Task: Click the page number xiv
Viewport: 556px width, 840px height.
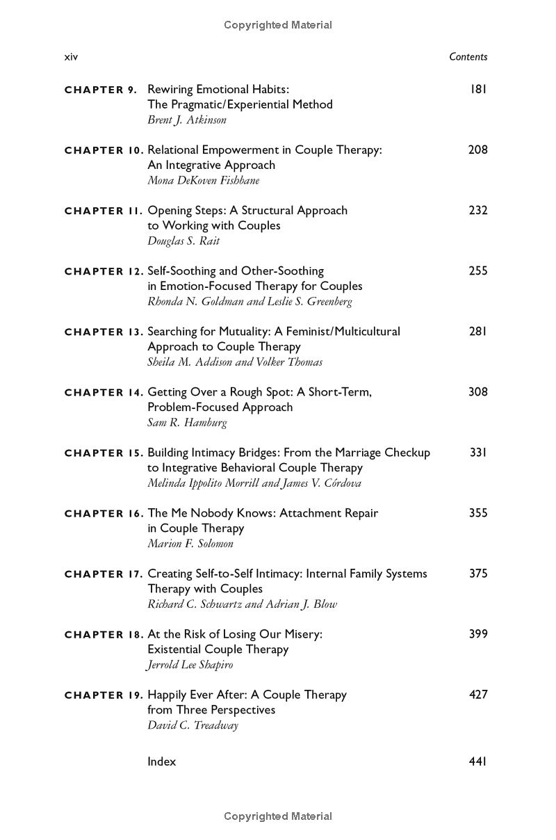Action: pos(71,57)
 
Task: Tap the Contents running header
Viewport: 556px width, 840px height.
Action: pos(468,57)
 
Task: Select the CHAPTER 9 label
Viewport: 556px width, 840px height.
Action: pos(101,90)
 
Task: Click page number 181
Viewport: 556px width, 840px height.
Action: pos(478,89)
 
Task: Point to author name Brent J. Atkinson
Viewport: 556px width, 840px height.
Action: pos(187,120)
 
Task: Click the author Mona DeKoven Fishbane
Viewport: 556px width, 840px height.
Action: pos(203,180)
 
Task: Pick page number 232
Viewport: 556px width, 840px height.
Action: pos(478,210)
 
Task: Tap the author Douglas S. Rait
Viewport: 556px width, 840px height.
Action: pos(183,241)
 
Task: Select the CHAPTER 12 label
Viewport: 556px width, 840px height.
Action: pos(104,271)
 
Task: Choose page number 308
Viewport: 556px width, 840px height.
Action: pos(478,391)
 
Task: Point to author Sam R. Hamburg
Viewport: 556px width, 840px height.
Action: pos(187,422)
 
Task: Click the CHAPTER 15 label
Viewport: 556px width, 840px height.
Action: pos(104,453)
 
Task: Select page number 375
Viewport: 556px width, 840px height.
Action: pos(478,573)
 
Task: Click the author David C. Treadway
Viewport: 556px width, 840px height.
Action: pos(193,725)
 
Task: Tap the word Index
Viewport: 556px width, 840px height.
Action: pos(162,761)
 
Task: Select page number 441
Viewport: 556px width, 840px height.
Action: pos(478,761)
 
